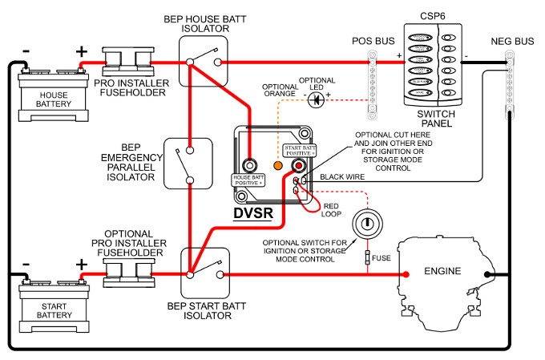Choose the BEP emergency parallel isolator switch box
[x=188, y=163]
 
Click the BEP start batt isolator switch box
[x=202, y=273]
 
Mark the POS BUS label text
[x=373, y=41]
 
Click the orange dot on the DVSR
[x=278, y=165]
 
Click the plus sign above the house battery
[x=81, y=52]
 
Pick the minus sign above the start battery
[x=26, y=264]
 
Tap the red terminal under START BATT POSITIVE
[x=300, y=165]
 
